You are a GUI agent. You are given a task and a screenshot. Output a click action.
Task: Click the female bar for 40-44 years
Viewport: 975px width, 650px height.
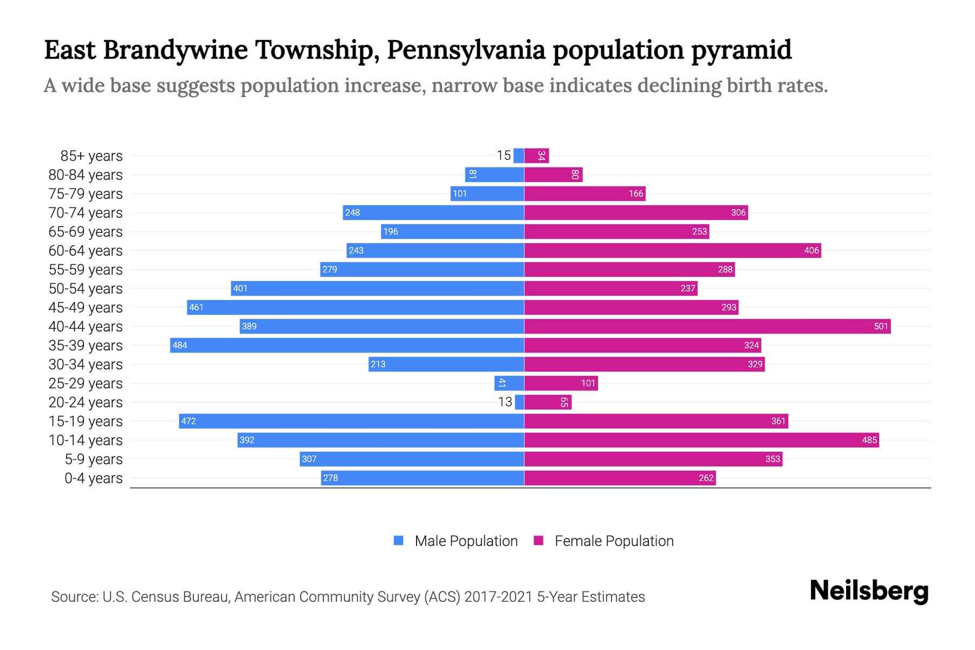(x=707, y=326)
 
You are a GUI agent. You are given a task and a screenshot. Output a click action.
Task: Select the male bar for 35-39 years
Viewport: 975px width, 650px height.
(x=347, y=345)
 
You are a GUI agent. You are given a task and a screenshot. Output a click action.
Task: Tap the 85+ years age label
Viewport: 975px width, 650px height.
(x=91, y=156)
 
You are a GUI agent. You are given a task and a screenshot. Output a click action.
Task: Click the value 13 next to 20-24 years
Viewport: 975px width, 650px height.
(x=505, y=402)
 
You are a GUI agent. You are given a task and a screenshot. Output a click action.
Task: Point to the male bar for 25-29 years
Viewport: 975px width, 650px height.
(x=509, y=383)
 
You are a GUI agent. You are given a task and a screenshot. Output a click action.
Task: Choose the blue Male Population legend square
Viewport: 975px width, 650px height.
(x=399, y=541)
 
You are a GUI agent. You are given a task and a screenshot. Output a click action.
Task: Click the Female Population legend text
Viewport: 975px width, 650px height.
(x=614, y=541)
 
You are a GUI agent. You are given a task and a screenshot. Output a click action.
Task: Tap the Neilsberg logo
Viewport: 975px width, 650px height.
(x=869, y=591)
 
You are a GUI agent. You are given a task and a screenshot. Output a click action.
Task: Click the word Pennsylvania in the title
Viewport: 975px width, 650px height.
(x=466, y=50)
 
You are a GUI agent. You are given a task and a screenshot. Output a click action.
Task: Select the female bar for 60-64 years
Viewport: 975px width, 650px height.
(x=672, y=250)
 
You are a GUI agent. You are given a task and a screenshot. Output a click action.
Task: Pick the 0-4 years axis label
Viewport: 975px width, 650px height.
(x=93, y=478)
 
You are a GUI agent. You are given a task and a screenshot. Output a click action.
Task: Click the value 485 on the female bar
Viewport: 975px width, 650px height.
(x=869, y=440)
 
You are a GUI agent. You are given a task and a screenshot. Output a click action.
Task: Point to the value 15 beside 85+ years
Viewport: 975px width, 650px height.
(x=503, y=155)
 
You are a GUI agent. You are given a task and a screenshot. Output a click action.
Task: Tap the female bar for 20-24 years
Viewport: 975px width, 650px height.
(x=548, y=402)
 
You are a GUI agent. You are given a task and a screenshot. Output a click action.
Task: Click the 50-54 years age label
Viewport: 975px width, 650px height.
(x=86, y=289)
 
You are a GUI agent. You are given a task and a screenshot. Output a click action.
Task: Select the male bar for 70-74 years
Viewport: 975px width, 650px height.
(x=433, y=212)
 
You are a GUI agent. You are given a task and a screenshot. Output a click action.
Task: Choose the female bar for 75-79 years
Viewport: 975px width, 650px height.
(x=584, y=193)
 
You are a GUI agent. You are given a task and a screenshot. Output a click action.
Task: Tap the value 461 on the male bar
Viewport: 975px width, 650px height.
(x=196, y=307)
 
